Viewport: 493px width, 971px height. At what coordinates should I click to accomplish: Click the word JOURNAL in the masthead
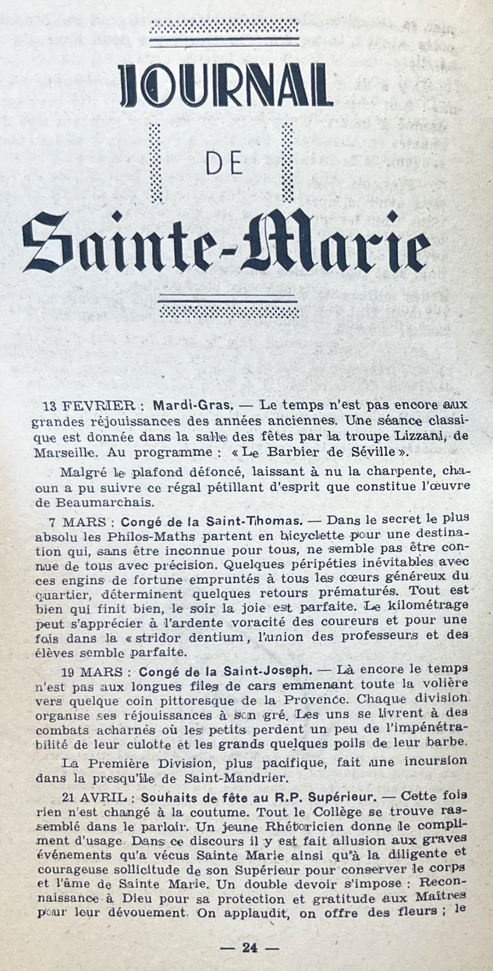225,85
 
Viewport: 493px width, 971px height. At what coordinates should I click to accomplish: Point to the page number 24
250,948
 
